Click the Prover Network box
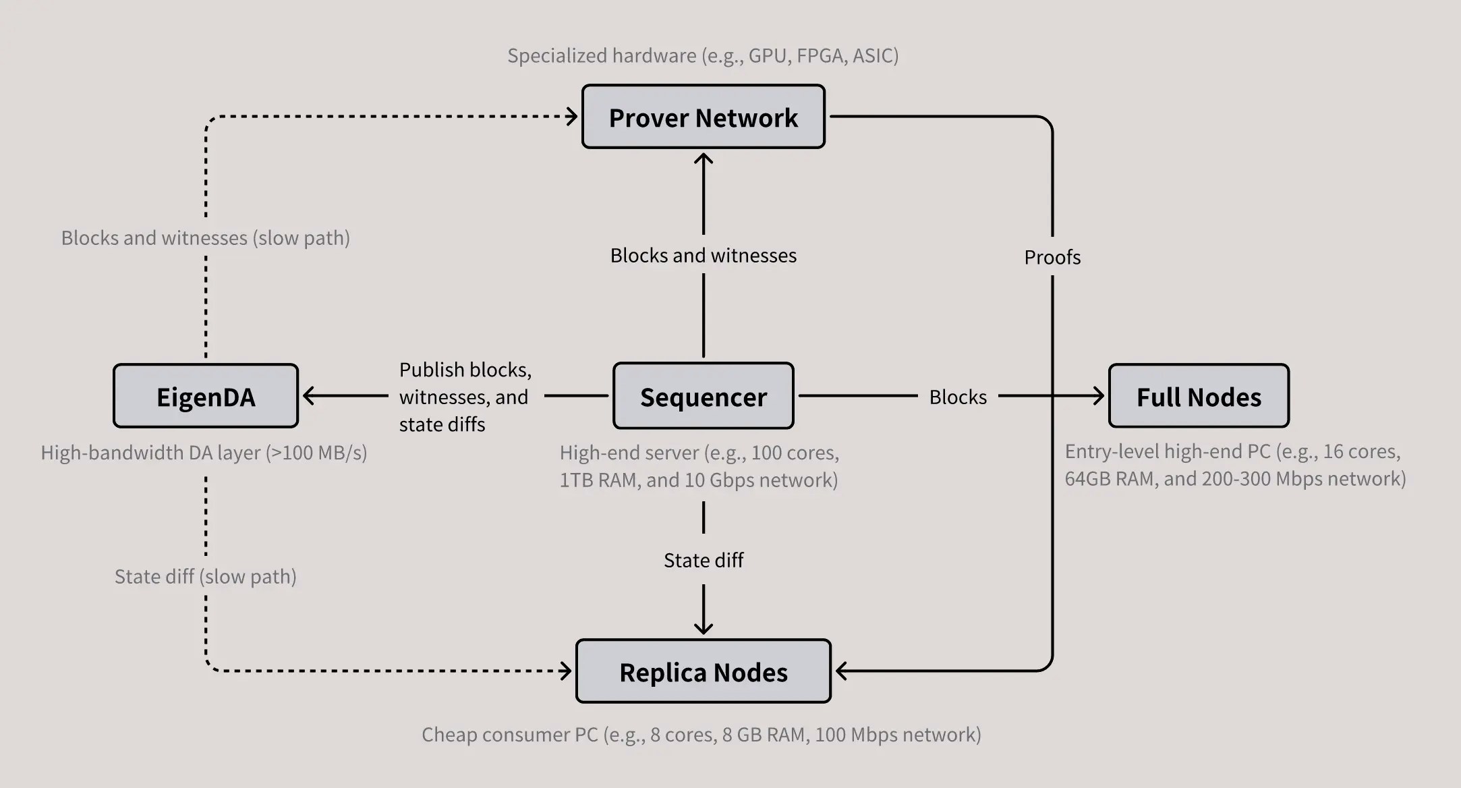point(703,117)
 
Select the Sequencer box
point(703,397)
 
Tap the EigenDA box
point(206,397)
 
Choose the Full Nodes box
point(1199,397)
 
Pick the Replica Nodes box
point(703,672)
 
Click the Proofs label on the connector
point(1052,257)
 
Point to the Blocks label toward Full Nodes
point(957,397)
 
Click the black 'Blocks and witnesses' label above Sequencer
point(703,256)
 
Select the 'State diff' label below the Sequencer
point(703,560)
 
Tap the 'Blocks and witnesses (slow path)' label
point(205,238)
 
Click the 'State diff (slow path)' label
point(205,577)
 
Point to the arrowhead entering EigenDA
point(308,396)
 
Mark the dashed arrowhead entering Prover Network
point(572,117)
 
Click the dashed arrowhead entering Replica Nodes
point(566,671)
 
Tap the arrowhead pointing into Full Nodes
point(1098,396)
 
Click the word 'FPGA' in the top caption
point(820,55)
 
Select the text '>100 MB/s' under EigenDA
point(316,453)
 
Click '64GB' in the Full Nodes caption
point(1087,479)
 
